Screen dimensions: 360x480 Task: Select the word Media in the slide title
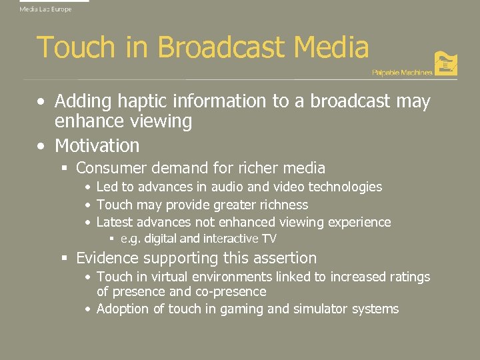(331, 48)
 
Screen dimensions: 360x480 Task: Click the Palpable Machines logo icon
(445, 63)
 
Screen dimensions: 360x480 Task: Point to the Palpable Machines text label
(401, 72)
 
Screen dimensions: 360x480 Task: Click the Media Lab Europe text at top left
(45, 9)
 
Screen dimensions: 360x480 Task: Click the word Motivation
(97, 145)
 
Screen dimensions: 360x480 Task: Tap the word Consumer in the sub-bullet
(111, 168)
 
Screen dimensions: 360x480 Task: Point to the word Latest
(115, 222)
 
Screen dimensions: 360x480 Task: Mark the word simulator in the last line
(320, 309)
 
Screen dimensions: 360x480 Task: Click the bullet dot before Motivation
(42, 146)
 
